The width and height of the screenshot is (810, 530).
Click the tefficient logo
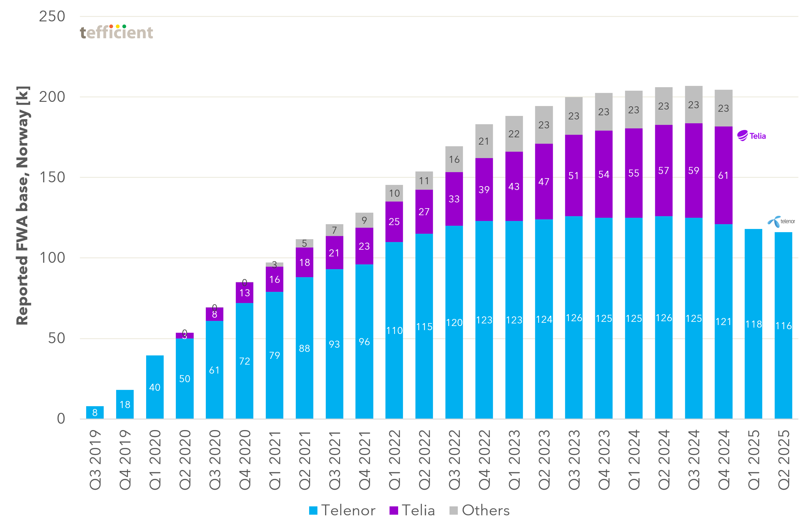click(116, 32)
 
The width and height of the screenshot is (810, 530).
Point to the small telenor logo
click(781, 221)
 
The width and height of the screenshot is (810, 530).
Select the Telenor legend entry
click(342, 510)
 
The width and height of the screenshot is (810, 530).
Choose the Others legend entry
click(479, 510)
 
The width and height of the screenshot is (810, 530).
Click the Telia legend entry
click(412, 510)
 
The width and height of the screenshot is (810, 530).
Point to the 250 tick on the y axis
click(52, 16)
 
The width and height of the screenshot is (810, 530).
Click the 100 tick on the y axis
click(52, 258)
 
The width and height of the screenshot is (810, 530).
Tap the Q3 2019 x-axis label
click(95, 460)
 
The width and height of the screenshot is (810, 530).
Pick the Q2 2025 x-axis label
click(784, 460)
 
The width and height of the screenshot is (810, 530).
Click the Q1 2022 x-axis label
click(394, 460)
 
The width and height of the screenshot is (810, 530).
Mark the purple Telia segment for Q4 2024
click(723, 191)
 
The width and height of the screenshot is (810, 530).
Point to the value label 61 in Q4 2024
click(723, 175)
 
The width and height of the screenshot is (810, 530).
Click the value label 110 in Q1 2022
click(394, 330)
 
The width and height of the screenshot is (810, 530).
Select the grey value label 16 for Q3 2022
click(454, 159)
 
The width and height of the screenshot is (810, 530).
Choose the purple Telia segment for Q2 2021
click(304, 262)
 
